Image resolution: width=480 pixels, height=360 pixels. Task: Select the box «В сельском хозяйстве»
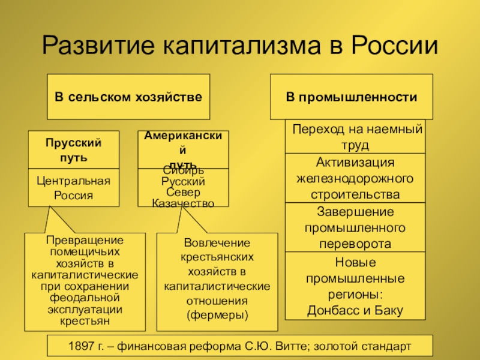[x=128, y=97]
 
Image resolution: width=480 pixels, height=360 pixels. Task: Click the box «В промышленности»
[x=351, y=97]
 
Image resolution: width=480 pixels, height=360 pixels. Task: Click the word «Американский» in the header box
[x=183, y=137]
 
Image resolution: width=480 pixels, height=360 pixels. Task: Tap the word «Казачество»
[x=183, y=203]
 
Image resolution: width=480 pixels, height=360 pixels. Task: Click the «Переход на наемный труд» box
[x=357, y=137]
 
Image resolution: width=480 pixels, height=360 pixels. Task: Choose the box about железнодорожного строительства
[x=355, y=178]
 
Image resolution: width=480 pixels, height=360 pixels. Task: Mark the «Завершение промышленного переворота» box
[x=355, y=227]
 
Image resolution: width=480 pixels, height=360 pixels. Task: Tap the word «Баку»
[x=390, y=310]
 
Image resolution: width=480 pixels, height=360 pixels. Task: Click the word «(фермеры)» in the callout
[x=217, y=314]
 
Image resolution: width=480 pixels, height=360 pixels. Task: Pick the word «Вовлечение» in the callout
[x=217, y=242]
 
